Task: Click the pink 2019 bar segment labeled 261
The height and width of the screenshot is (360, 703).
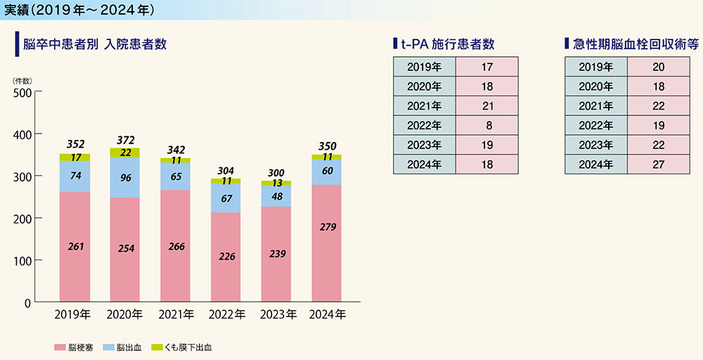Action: (74, 246)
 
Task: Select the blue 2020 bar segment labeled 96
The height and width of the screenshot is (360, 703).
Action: (125, 178)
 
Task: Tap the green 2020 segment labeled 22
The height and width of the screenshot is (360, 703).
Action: (125, 153)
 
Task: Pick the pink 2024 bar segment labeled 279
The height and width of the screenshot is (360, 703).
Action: (327, 227)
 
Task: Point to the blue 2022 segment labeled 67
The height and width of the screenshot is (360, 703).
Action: (226, 198)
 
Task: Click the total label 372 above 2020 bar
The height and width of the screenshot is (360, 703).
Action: (126, 141)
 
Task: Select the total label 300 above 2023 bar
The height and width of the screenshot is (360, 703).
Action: (276, 173)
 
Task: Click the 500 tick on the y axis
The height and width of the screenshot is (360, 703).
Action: (22, 92)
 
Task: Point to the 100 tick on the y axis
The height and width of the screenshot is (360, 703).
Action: (22, 261)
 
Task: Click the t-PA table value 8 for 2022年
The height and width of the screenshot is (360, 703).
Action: (487, 126)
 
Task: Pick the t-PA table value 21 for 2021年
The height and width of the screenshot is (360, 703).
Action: (487, 106)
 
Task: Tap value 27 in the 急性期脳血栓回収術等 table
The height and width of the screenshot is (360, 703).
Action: (659, 165)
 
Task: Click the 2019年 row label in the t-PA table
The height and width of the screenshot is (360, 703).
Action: (425, 67)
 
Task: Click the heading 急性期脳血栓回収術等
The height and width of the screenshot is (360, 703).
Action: (635, 44)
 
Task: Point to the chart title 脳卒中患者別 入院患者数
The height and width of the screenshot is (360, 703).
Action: (95, 44)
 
